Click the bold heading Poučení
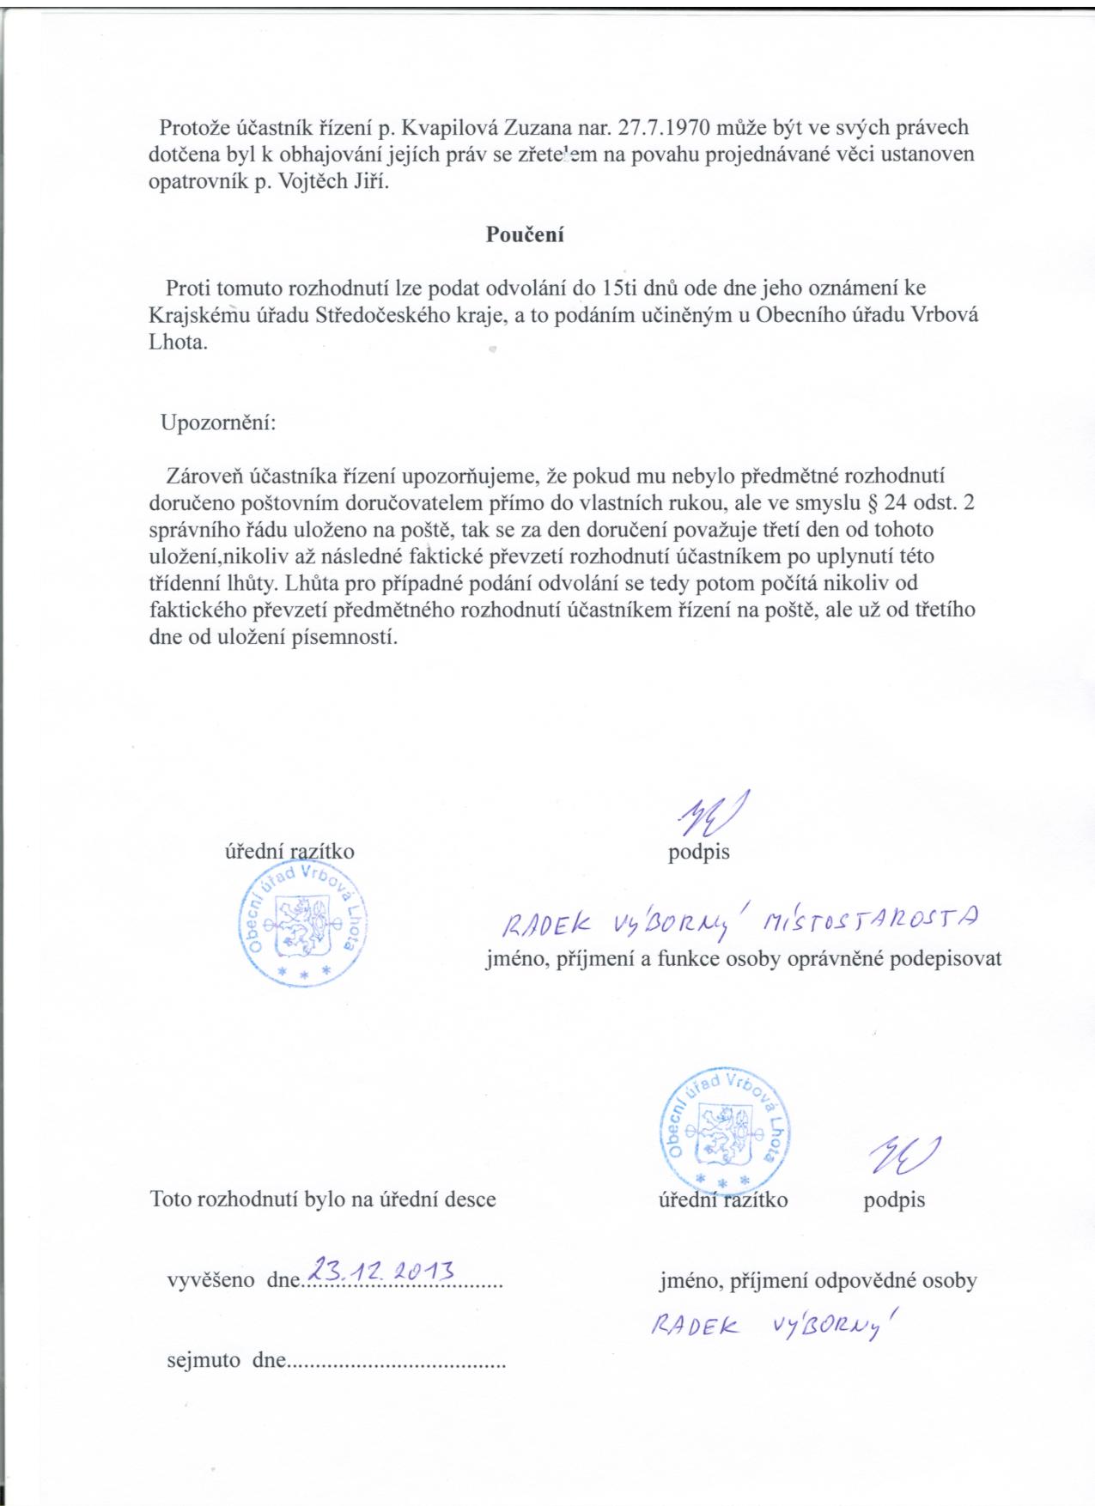[x=525, y=234]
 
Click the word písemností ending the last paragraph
[x=350, y=638]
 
